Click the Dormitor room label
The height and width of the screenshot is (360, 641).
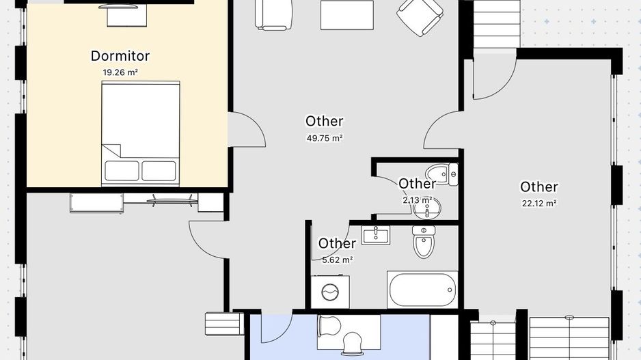120,56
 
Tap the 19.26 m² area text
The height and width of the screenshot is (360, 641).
120,72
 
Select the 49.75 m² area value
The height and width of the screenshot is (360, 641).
325,138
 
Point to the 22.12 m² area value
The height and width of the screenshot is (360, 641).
539,203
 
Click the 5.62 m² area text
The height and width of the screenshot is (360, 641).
338,260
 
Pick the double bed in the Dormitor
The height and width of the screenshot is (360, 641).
141,134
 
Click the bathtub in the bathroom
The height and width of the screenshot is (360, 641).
423,290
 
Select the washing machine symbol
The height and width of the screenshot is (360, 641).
330,292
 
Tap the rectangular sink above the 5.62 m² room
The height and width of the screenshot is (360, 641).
376,235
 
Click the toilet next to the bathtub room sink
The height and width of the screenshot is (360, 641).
424,242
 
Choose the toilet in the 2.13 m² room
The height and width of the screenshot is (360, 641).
442,174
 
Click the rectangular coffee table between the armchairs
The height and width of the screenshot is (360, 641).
347,15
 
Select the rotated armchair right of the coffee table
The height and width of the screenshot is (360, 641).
420,16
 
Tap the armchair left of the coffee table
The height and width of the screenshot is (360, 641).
273,15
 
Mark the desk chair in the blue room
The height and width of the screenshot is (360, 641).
353,343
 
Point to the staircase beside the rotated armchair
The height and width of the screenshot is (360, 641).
497,25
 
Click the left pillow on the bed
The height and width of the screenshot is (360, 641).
122,171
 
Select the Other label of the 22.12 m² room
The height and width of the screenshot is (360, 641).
538,186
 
